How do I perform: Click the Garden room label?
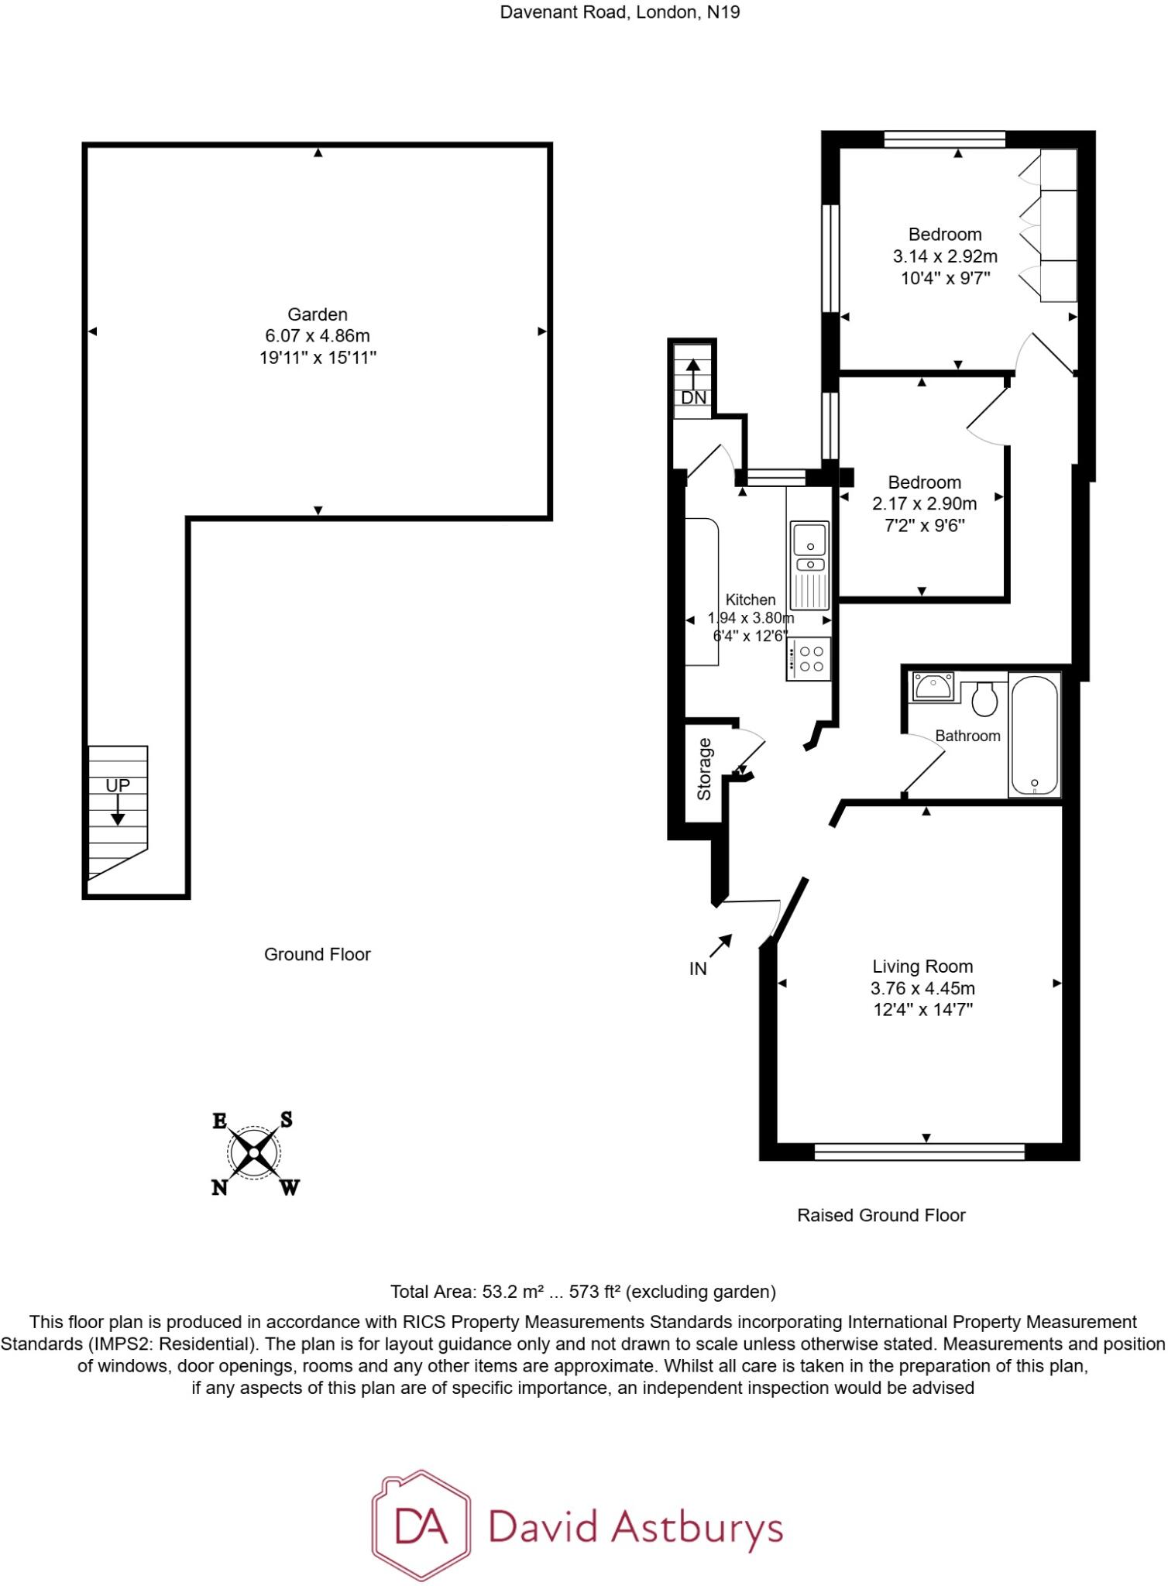[x=317, y=314]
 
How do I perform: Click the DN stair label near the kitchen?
[x=693, y=398]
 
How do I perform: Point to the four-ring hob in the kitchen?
[x=810, y=659]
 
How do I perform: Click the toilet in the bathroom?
[x=984, y=699]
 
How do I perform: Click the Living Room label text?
[x=922, y=966]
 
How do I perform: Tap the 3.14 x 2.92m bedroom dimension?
[x=945, y=256]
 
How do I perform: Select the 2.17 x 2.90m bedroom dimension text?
[x=924, y=504]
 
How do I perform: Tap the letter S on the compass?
[x=286, y=1119]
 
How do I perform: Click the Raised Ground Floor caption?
[x=881, y=1215]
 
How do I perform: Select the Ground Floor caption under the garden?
[x=317, y=954]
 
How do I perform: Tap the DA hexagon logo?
[x=421, y=1526]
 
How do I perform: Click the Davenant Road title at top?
[x=619, y=12]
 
